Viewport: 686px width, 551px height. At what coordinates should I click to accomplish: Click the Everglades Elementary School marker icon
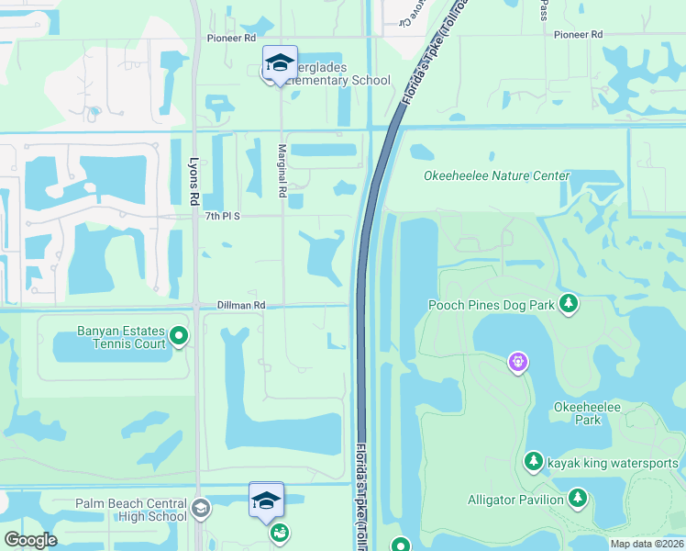280,62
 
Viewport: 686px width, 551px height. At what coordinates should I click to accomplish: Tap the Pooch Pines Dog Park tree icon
569,303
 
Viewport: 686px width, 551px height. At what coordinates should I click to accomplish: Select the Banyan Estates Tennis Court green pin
180,338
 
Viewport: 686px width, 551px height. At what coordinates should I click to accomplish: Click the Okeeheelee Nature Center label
496,176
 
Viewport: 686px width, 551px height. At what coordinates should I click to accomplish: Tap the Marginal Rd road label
283,171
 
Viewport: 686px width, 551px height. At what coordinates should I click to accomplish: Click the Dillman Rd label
241,305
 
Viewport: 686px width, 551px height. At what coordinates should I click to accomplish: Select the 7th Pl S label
223,216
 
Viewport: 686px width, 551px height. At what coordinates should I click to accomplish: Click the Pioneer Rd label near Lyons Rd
231,38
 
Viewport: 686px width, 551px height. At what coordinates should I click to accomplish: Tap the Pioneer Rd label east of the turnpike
578,34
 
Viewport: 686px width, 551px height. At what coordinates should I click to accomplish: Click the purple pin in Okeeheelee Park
518,363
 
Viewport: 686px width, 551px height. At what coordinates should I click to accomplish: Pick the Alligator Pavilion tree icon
577,499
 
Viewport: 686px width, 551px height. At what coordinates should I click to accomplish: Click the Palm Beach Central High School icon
201,508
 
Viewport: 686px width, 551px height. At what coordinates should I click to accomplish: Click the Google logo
30,540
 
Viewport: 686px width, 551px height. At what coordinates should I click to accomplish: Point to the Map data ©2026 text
646,544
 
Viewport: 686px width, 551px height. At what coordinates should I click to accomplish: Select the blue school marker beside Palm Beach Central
266,500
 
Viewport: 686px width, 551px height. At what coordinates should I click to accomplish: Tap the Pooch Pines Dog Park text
492,304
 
